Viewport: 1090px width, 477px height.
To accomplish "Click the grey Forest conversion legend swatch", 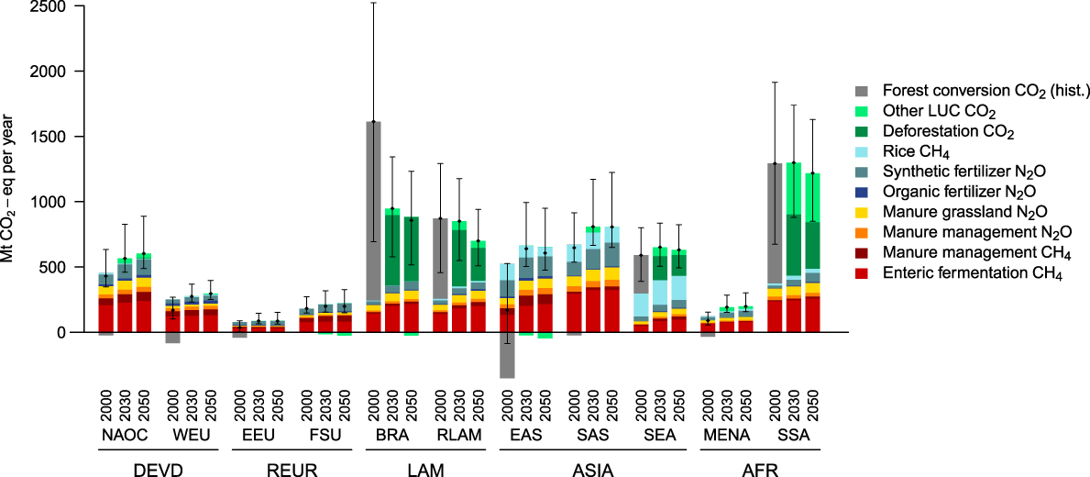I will tap(862, 91).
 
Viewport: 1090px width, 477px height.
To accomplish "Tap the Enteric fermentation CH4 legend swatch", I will tap(862, 273).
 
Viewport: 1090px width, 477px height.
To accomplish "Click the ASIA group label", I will tap(594, 471).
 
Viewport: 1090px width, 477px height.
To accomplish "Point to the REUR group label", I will tap(293, 471).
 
